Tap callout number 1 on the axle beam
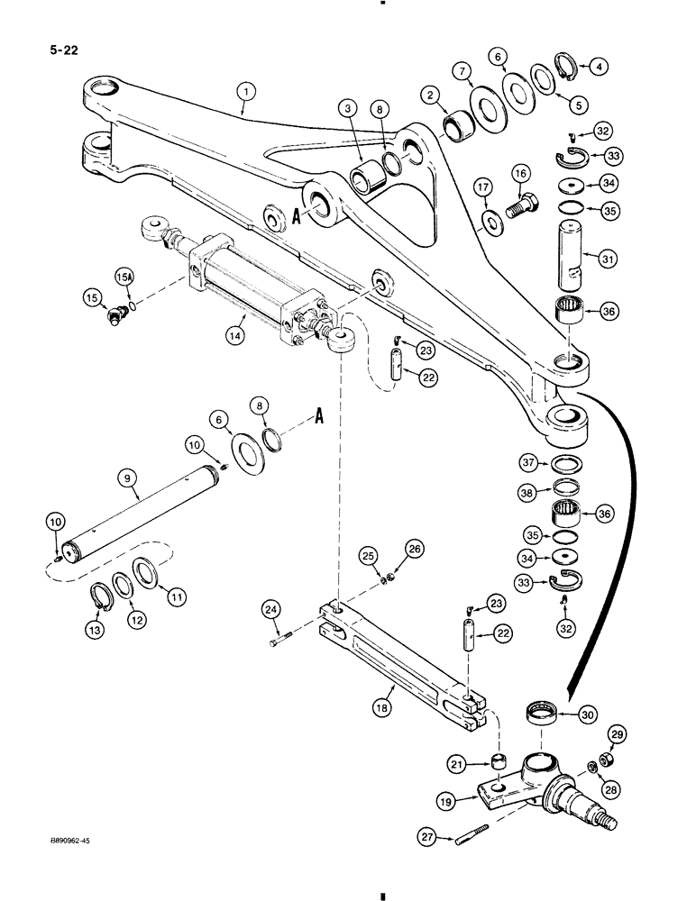(x=243, y=90)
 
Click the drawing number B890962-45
(x=64, y=839)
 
